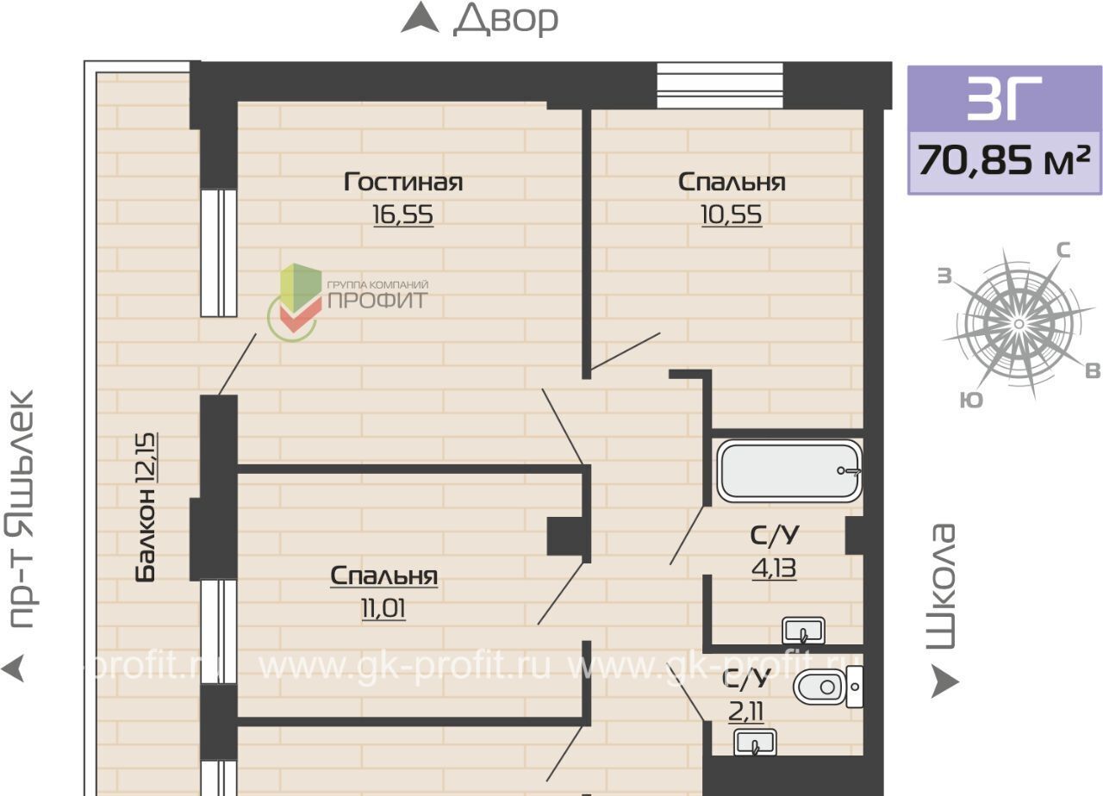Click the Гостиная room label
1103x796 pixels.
(x=403, y=182)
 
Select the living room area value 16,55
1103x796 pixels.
(x=403, y=215)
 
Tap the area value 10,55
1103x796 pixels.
(x=732, y=215)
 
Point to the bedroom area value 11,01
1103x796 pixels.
(x=383, y=609)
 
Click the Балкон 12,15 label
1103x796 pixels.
(x=146, y=507)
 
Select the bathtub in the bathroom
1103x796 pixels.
(x=788, y=470)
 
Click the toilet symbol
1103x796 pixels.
(x=828, y=687)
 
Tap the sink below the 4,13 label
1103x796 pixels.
(x=804, y=631)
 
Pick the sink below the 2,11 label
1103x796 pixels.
(x=756, y=743)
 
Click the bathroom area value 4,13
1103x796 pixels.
(x=774, y=569)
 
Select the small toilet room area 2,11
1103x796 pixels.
(x=746, y=712)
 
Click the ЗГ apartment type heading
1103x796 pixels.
(x=1004, y=98)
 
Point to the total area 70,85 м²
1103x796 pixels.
(x=1004, y=160)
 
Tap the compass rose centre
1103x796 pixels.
(x=1019, y=324)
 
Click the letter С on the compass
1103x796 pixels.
(x=1063, y=251)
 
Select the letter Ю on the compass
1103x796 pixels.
(x=971, y=400)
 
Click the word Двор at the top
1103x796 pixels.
(x=506, y=19)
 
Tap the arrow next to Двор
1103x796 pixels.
(x=420, y=17)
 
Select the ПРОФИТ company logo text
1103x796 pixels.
(x=377, y=301)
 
